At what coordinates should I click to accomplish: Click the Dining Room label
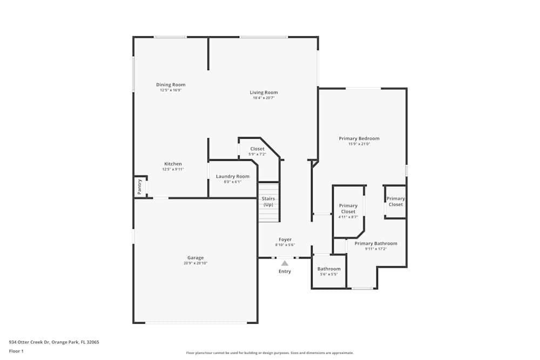tap(171, 85)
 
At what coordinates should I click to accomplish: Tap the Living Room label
tap(264, 92)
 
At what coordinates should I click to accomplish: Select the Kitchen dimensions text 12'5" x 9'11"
tap(173, 169)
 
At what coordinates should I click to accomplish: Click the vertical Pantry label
tap(139, 187)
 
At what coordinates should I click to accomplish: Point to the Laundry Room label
tap(232, 176)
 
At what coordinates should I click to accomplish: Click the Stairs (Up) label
tap(268, 202)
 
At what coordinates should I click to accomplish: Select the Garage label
tap(195, 257)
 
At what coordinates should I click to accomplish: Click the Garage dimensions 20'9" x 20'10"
tap(195, 263)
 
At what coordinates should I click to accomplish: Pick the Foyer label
tap(285, 240)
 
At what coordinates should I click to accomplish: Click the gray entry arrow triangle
tap(285, 263)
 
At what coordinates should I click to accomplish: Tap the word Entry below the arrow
tap(285, 271)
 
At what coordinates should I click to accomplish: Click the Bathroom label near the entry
tap(329, 269)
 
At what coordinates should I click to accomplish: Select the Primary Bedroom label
tap(359, 139)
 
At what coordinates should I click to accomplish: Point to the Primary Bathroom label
tap(376, 243)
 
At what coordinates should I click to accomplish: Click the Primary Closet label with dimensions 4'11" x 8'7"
tap(348, 209)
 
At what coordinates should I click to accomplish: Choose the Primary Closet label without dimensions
tap(395, 202)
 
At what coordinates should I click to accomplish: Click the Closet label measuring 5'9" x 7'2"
tap(258, 149)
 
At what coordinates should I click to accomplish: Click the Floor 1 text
tap(16, 351)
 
